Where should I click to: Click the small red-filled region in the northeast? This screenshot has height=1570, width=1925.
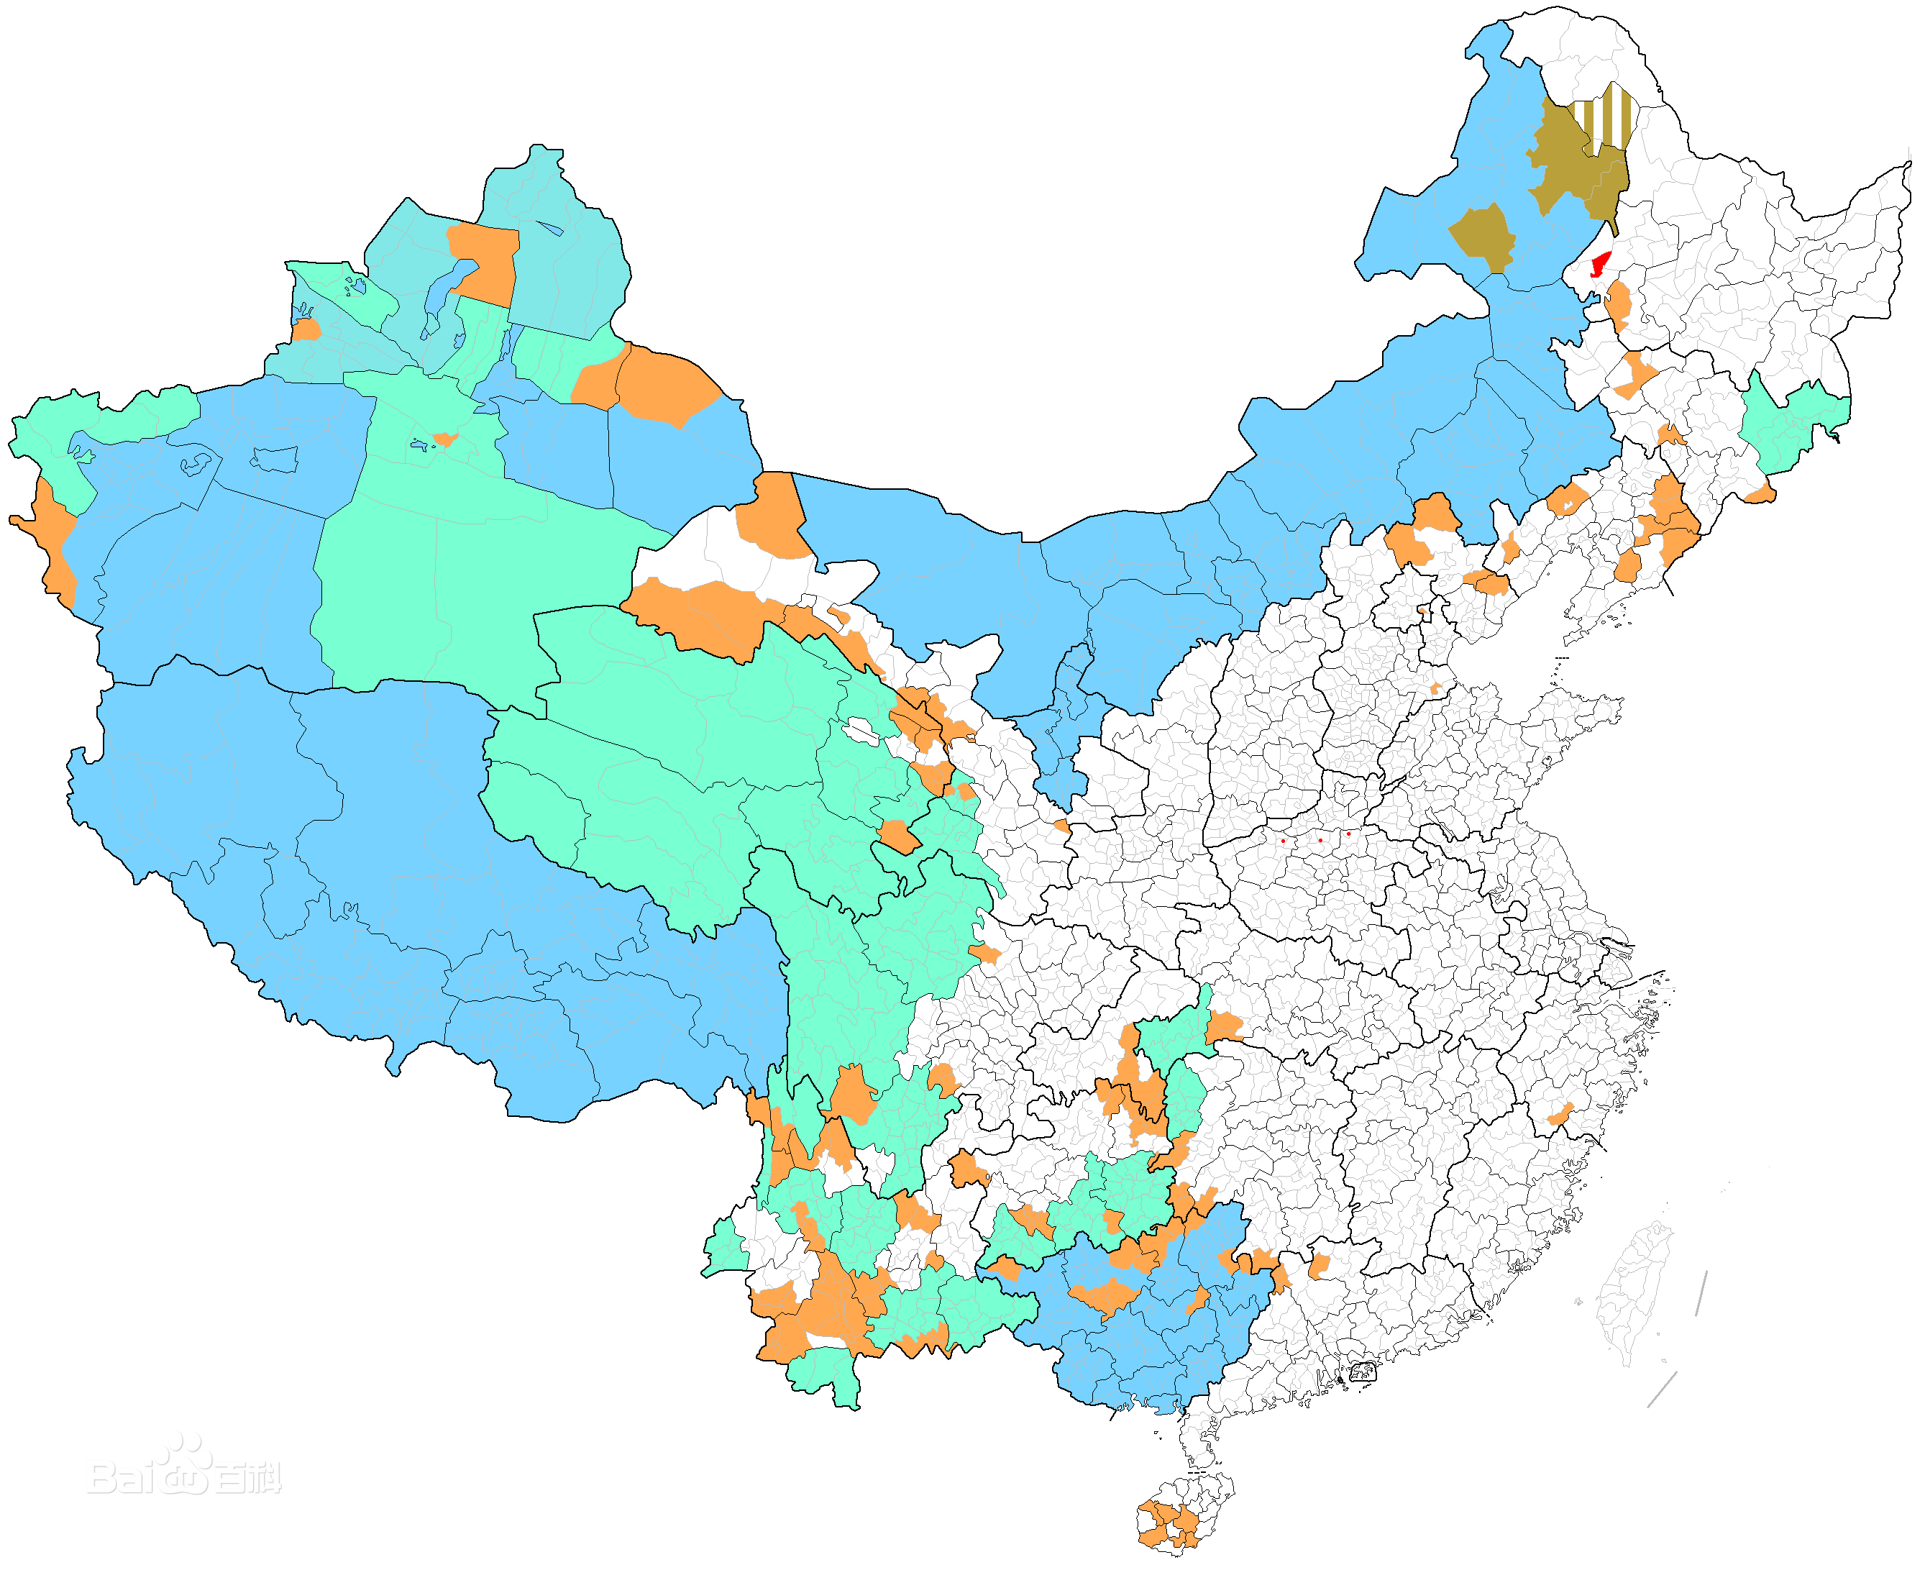pyautogui.click(x=1599, y=264)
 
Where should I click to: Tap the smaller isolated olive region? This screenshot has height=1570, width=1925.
pyautogui.click(x=1483, y=235)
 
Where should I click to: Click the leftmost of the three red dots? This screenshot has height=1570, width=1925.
pyautogui.click(x=1282, y=841)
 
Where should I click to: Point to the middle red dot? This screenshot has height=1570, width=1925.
pyautogui.click(x=1320, y=840)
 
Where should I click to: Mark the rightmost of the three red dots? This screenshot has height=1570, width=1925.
pyautogui.click(x=1348, y=834)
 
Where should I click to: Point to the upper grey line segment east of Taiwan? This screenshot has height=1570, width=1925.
pyautogui.click(x=1701, y=1293)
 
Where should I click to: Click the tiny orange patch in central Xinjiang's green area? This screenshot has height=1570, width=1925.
pyautogui.click(x=444, y=439)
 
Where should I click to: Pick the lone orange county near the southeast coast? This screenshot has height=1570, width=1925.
pyautogui.click(x=1560, y=1114)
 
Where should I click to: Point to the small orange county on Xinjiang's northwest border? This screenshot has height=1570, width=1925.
pyautogui.click(x=306, y=330)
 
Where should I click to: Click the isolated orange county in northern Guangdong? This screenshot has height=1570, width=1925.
pyautogui.click(x=1320, y=1265)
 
